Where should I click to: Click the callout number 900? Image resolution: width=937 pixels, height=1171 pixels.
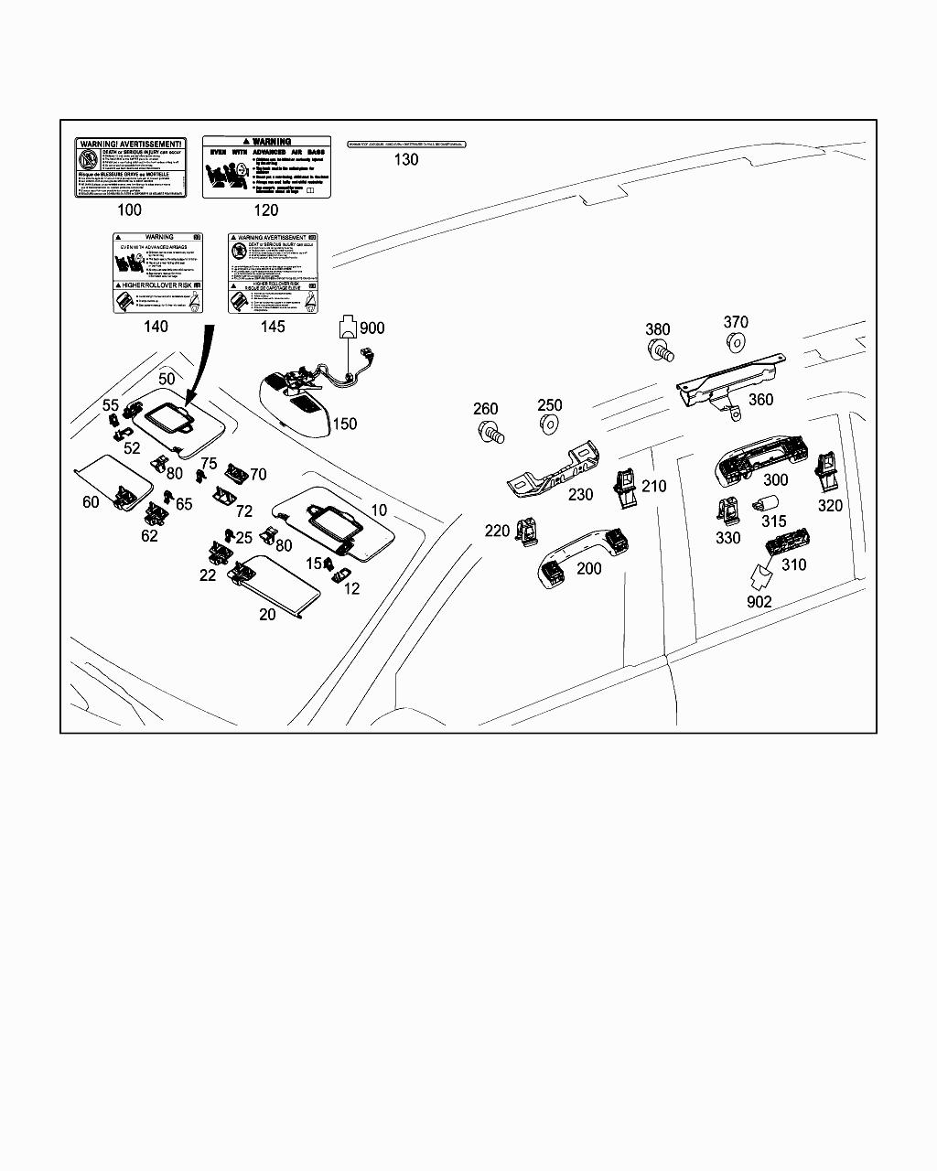[x=372, y=328]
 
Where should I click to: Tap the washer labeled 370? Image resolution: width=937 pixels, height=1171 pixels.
[x=733, y=343]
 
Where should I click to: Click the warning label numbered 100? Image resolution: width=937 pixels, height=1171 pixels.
[x=130, y=167]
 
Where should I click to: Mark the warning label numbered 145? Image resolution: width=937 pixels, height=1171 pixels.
[x=273, y=273]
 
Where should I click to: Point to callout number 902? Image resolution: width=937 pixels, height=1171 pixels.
[x=759, y=602]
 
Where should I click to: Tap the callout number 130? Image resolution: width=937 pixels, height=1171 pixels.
[x=405, y=159]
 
